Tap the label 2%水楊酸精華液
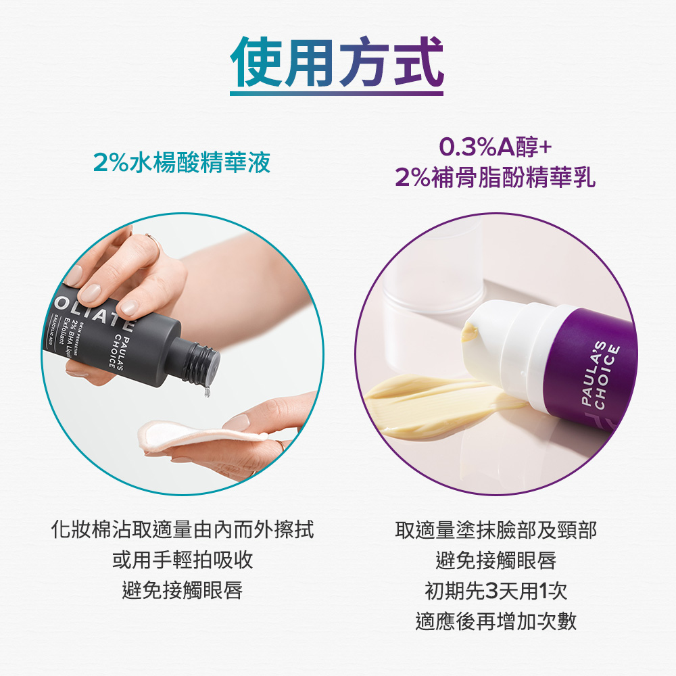pos(182,163)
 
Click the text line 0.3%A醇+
pos(496,147)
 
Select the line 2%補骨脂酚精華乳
pos(496,178)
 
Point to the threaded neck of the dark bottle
pos(200,363)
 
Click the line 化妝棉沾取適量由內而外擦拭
pos(183,529)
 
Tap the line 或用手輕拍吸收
pos(183,560)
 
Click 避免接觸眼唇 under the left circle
pos(183,590)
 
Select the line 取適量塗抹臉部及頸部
pos(496,529)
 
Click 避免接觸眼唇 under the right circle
pos(496,560)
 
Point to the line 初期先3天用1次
pos(496,591)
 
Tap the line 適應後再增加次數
pos(496,621)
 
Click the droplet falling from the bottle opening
pos(207,390)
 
